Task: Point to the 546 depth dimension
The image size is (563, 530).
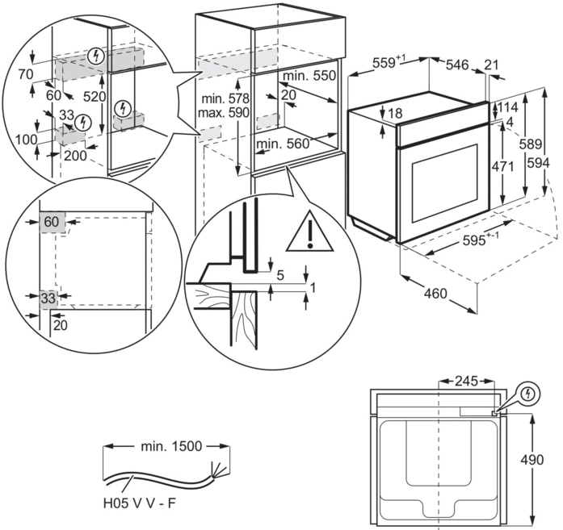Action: [458, 65]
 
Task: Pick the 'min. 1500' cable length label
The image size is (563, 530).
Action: [169, 445]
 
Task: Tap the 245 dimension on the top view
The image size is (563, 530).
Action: [466, 380]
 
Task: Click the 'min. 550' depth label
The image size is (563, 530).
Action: [309, 75]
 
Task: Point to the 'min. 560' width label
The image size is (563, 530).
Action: [283, 144]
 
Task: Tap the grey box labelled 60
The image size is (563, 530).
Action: [51, 221]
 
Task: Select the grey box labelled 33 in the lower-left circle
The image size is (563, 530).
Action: [48, 298]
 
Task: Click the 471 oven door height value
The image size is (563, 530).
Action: [503, 166]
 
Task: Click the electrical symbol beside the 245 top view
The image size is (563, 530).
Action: [528, 394]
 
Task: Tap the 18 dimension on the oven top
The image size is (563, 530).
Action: [394, 114]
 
